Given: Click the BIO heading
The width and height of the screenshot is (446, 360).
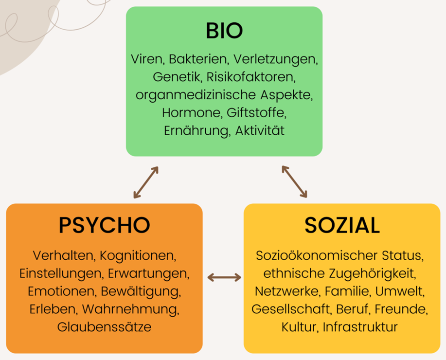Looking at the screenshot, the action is (224, 31).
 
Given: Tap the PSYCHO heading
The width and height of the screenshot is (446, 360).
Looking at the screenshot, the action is (105, 225).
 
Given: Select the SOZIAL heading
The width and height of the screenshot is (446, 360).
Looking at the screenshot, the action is (342, 225).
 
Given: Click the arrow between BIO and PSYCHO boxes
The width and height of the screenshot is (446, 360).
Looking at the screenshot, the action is (146, 182).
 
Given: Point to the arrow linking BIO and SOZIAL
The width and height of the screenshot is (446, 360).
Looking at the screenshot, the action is (294, 181).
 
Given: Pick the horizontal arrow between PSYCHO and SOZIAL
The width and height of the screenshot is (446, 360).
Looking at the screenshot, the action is (224, 277).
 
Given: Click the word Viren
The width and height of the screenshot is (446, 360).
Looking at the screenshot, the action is (146, 59).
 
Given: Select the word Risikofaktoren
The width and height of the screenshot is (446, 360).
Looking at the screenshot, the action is (251, 77).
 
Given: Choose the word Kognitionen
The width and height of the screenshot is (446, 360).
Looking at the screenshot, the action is (138, 255).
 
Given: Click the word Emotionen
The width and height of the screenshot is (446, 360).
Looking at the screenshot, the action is (62, 291).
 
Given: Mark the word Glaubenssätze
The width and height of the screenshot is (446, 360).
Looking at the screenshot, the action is (104, 327).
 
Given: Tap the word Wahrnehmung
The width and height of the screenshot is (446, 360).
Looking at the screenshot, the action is (131, 309).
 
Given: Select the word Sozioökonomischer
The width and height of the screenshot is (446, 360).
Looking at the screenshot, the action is (317, 255).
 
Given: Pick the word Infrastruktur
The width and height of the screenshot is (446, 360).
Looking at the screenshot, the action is (360, 327).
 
